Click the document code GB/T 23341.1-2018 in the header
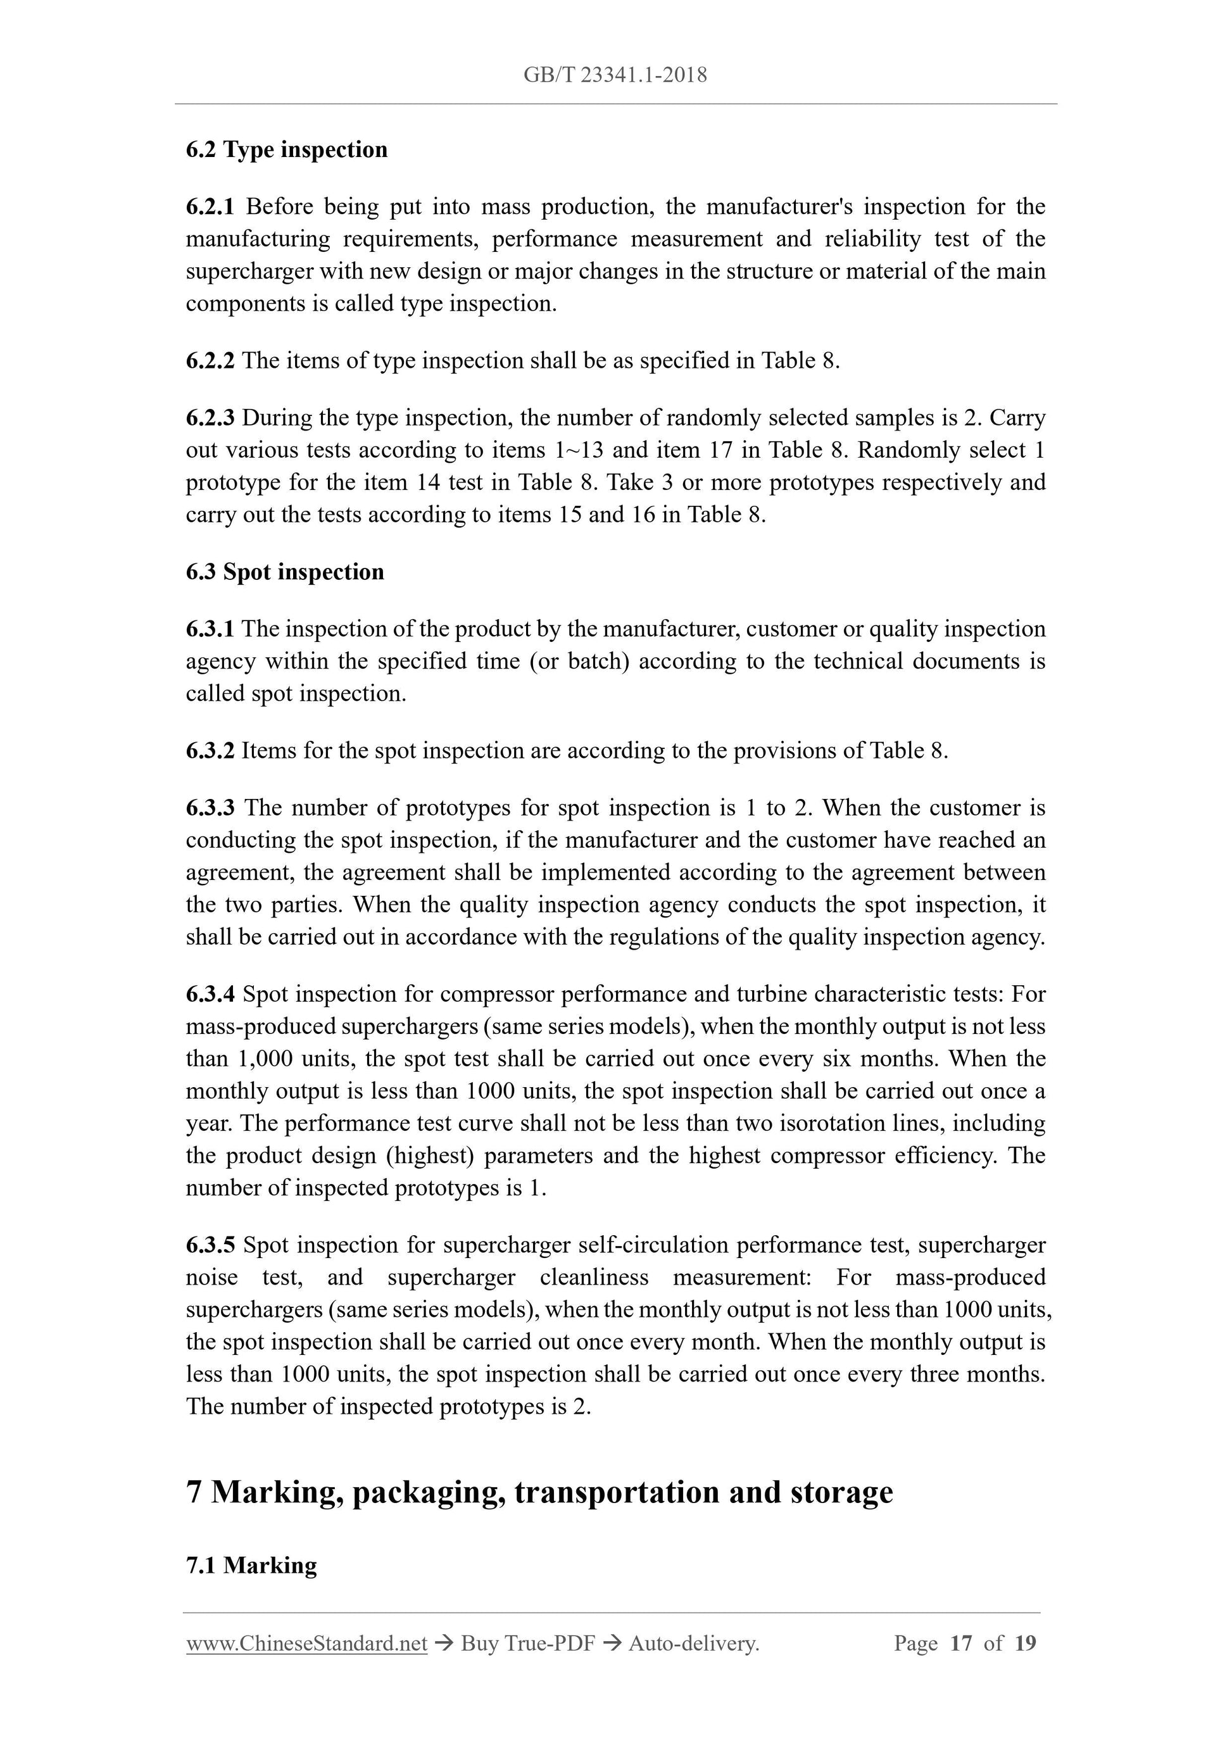(x=615, y=75)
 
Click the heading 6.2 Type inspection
(x=286, y=149)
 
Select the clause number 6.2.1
(x=210, y=206)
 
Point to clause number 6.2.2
(x=210, y=361)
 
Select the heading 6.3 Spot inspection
(x=285, y=572)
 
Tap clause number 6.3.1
(x=210, y=629)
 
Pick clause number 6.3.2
(x=210, y=751)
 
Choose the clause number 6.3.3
(x=210, y=808)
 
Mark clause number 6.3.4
(x=210, y=995)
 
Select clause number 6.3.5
(x=210, y=1245)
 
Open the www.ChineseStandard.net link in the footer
(x=306, y=1644)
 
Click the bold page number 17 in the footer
(x=960, y=1644)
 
